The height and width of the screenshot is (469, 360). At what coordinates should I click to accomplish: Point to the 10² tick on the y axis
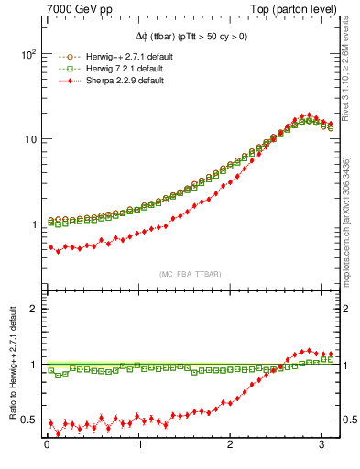pos(28,53)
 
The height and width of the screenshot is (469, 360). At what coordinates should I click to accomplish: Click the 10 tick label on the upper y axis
pos(30,139)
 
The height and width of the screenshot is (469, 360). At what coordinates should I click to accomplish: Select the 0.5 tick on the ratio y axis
pos(29,420)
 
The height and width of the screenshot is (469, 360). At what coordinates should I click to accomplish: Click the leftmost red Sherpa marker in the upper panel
pos(51,246)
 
